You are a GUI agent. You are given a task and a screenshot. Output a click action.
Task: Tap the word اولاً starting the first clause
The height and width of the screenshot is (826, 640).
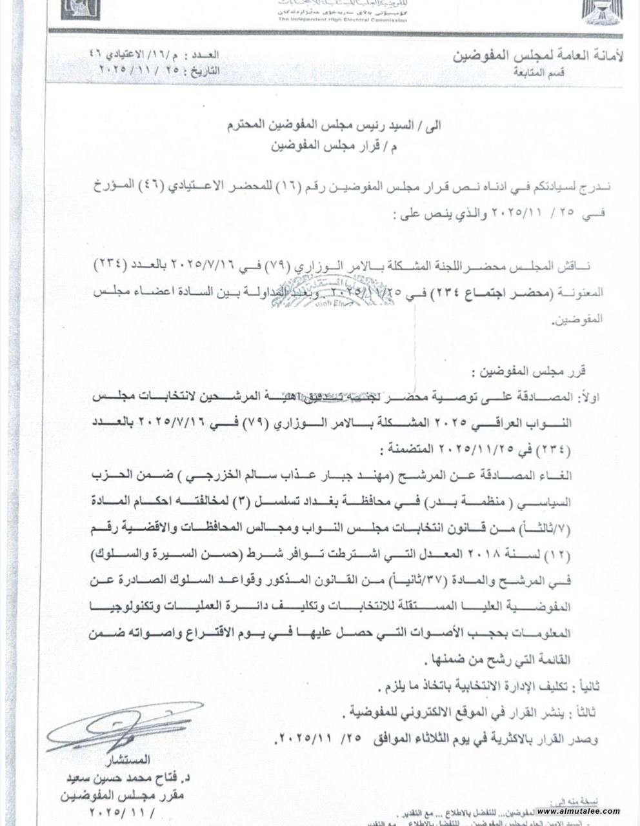click(591, 397)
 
